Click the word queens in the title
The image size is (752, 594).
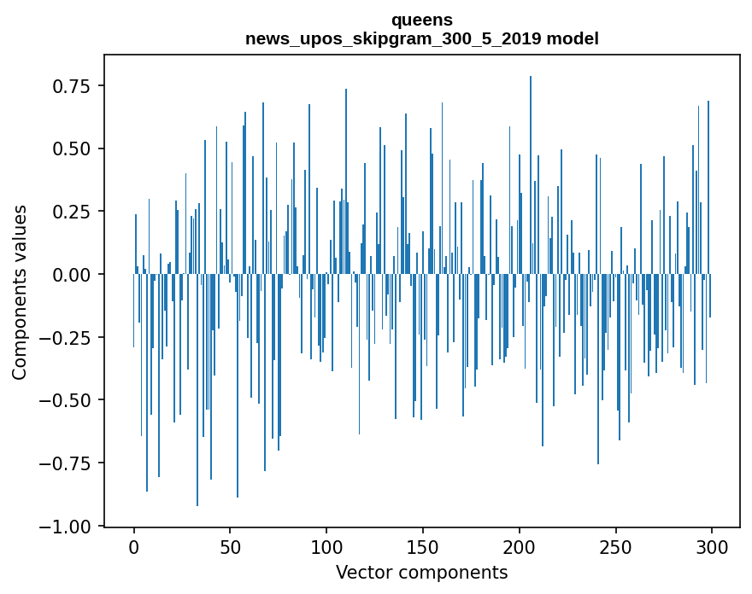(422, 20)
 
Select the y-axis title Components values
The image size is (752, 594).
(20, 291)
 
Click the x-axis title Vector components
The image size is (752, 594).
(422, 573)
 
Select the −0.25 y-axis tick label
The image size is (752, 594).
(68, 338)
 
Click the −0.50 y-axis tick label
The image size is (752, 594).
(68, 400)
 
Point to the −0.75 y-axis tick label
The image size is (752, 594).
(68, 463)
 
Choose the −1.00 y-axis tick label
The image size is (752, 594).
(68, 527)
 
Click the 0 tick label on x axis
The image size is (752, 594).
(134, 547)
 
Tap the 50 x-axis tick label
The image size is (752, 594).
(231, 547)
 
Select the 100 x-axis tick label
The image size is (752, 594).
(326, 547)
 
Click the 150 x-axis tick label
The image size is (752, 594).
(423, 547)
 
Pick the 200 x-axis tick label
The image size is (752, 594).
(520, 547)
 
